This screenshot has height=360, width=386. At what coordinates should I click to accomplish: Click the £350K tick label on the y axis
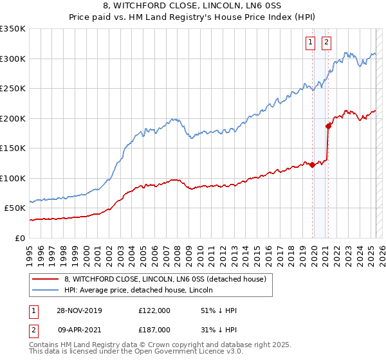13,29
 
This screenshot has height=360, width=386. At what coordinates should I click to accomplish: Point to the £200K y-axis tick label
13,118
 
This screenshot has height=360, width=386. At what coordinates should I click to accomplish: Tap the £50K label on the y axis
15,208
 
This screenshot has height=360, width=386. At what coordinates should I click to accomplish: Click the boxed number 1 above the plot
310,42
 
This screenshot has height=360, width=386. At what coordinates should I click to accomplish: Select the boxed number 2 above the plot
326,42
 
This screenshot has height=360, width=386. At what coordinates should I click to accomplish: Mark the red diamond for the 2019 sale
312,165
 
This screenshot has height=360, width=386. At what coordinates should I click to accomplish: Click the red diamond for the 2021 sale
328,126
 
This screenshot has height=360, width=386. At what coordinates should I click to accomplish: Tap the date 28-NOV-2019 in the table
79,310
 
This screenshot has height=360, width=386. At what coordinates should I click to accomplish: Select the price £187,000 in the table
154,329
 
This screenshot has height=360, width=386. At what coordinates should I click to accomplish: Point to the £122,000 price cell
154,310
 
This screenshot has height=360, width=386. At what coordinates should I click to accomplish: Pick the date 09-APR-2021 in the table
78,329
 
